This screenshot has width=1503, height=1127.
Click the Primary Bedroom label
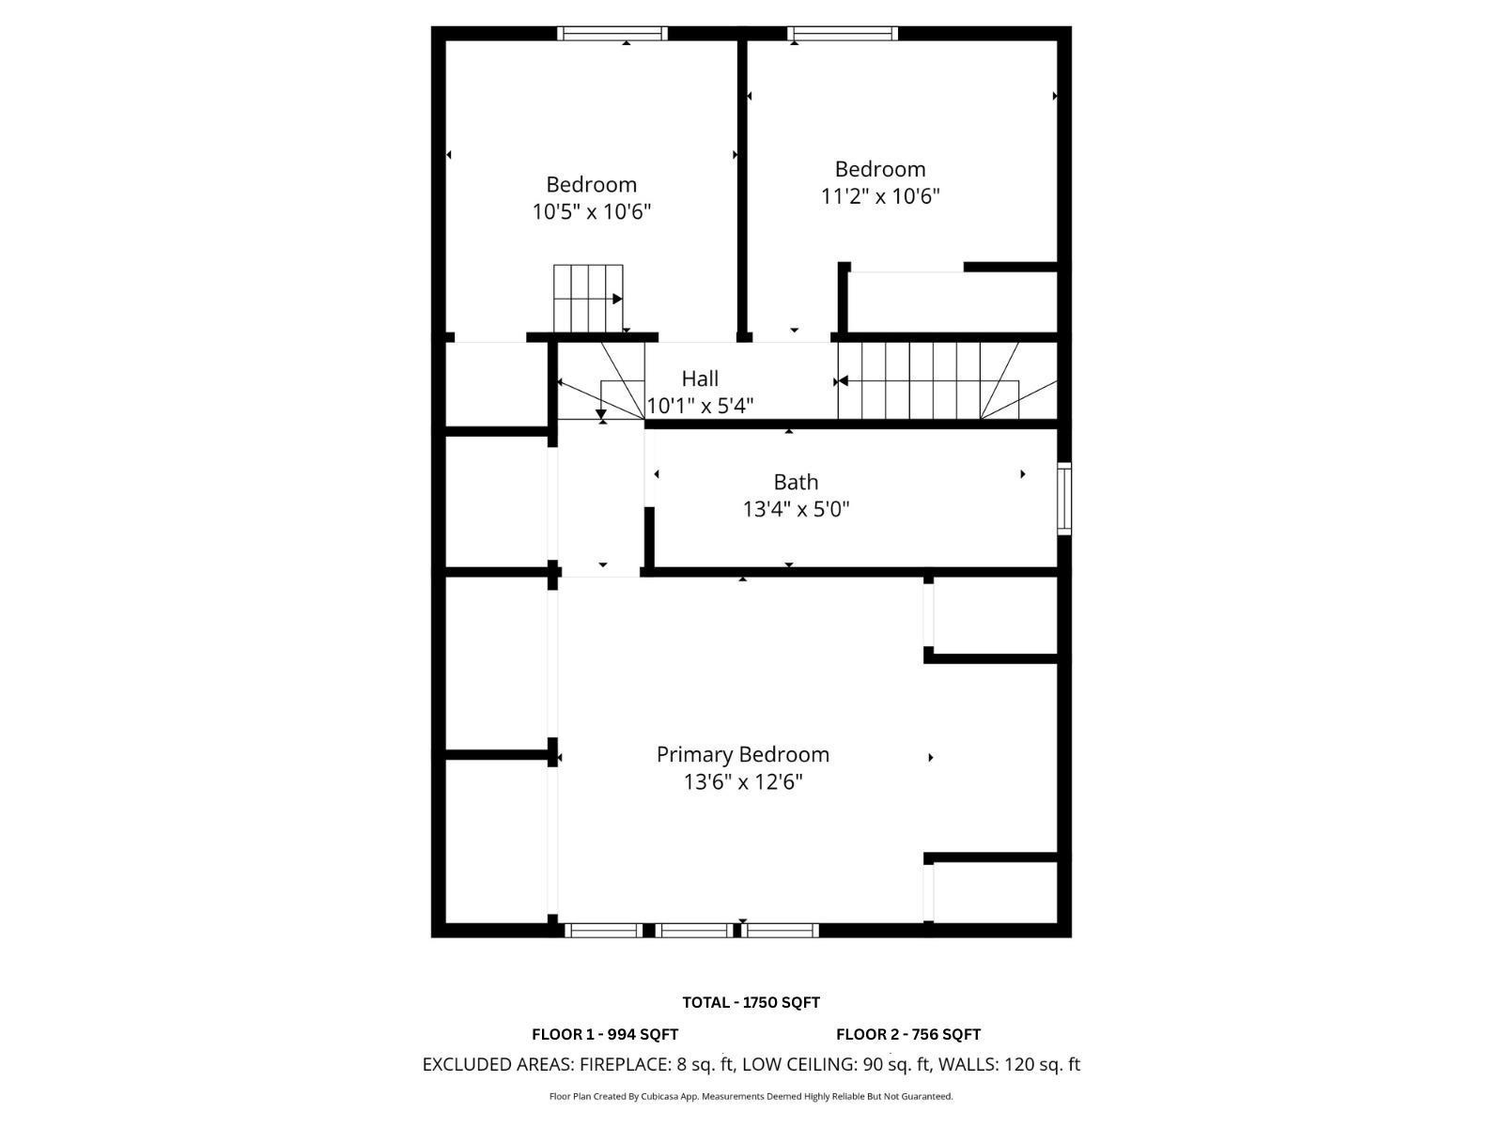[742, 754]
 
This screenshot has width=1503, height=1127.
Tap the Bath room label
[796, 482]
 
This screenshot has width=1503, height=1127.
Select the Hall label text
[700, 378]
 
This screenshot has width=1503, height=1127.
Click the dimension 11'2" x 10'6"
[879, 196]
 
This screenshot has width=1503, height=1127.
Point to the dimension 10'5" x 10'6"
[592, 211]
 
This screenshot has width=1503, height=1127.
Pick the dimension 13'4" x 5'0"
[796, 509]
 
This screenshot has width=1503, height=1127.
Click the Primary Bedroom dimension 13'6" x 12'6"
[742, 781]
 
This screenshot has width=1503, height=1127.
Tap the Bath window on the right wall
[1064, 499]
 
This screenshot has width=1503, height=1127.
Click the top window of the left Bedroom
[612, 34]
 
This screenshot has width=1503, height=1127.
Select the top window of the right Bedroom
[843, 34]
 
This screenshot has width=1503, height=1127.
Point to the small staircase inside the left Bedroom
[588, 299]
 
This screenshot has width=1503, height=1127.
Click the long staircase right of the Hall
[944, 380]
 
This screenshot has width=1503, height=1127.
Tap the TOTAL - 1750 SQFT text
[751, 1002]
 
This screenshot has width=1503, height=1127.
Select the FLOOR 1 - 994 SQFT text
[604, 1034]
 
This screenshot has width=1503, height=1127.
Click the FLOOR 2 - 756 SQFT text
[907, 1034]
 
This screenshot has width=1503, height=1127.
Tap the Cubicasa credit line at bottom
[751, 1096]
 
